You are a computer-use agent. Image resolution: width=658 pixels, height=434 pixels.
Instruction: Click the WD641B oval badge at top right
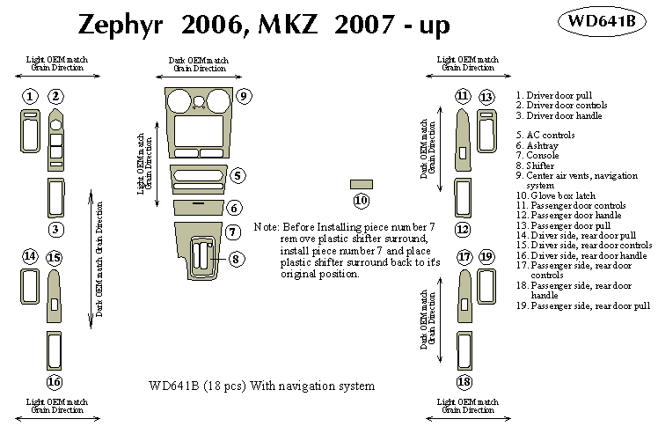603,20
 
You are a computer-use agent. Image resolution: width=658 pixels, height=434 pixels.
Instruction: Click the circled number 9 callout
244,96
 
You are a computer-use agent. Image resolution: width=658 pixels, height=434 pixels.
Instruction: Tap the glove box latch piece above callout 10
360,184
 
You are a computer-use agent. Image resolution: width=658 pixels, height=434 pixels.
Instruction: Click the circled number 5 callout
237,176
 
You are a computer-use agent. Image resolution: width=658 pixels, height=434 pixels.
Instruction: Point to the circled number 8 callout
237,259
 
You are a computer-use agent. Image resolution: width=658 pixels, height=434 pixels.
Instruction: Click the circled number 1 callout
29,96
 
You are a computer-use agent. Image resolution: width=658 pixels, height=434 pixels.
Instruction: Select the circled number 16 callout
55,381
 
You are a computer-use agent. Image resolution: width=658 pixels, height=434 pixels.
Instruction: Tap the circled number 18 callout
464,381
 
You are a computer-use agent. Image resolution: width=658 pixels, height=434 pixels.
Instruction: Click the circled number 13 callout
486,96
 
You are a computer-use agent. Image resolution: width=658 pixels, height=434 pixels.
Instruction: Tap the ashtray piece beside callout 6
199,208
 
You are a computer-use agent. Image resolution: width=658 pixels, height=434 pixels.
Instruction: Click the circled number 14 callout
29,256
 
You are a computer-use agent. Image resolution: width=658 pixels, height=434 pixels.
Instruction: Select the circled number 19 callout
486,256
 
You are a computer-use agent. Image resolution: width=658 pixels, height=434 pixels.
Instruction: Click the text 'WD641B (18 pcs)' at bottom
198,386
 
